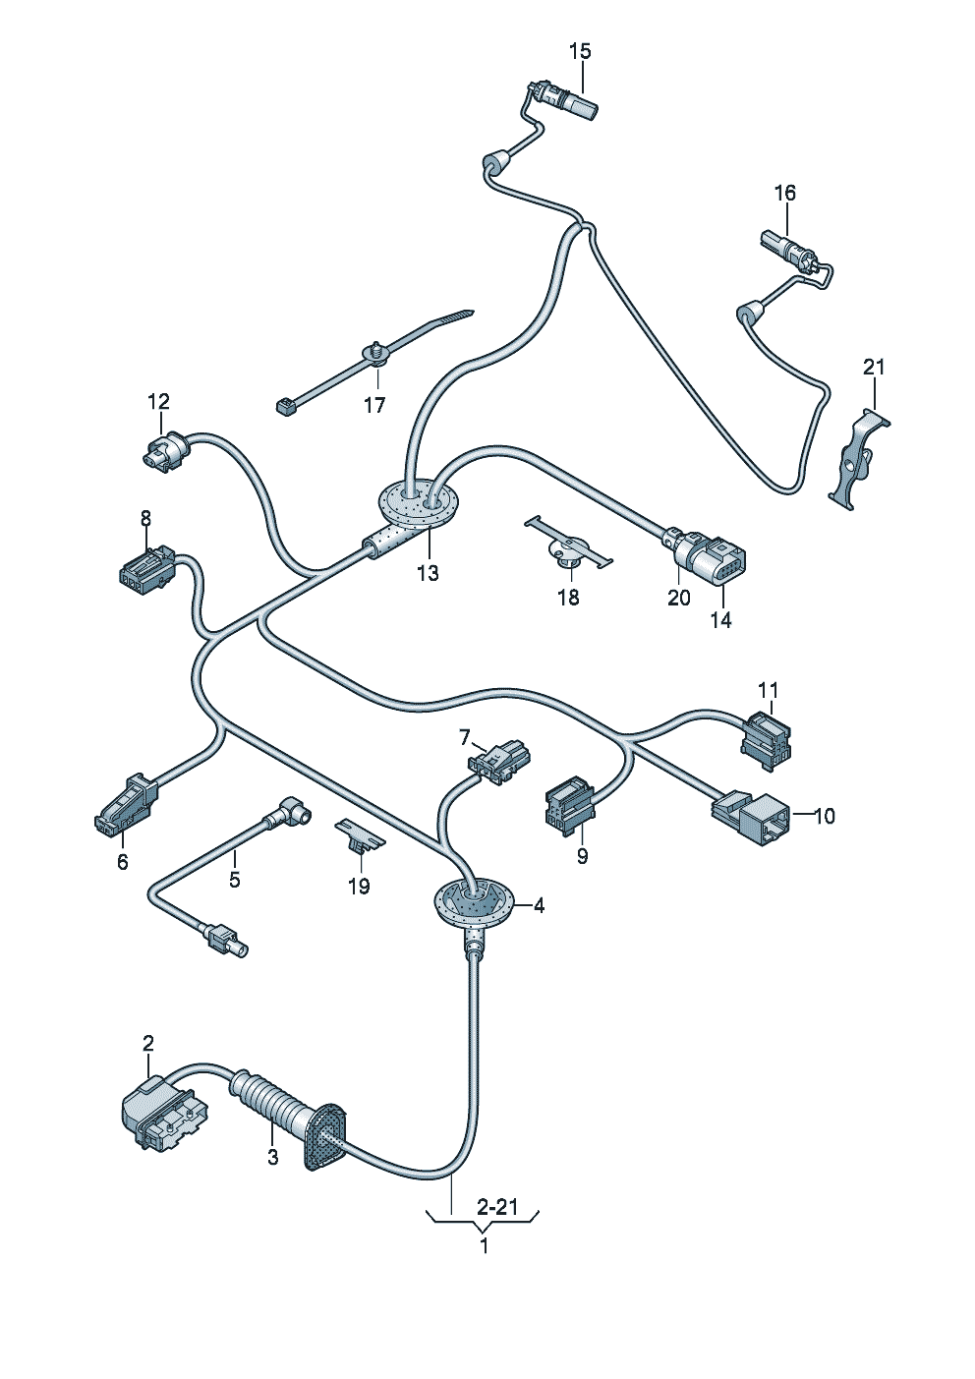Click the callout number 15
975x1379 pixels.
[580, 51]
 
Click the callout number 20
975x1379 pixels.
[679, 597]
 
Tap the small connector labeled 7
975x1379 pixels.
[498, 762]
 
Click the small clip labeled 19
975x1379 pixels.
[360, 836]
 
